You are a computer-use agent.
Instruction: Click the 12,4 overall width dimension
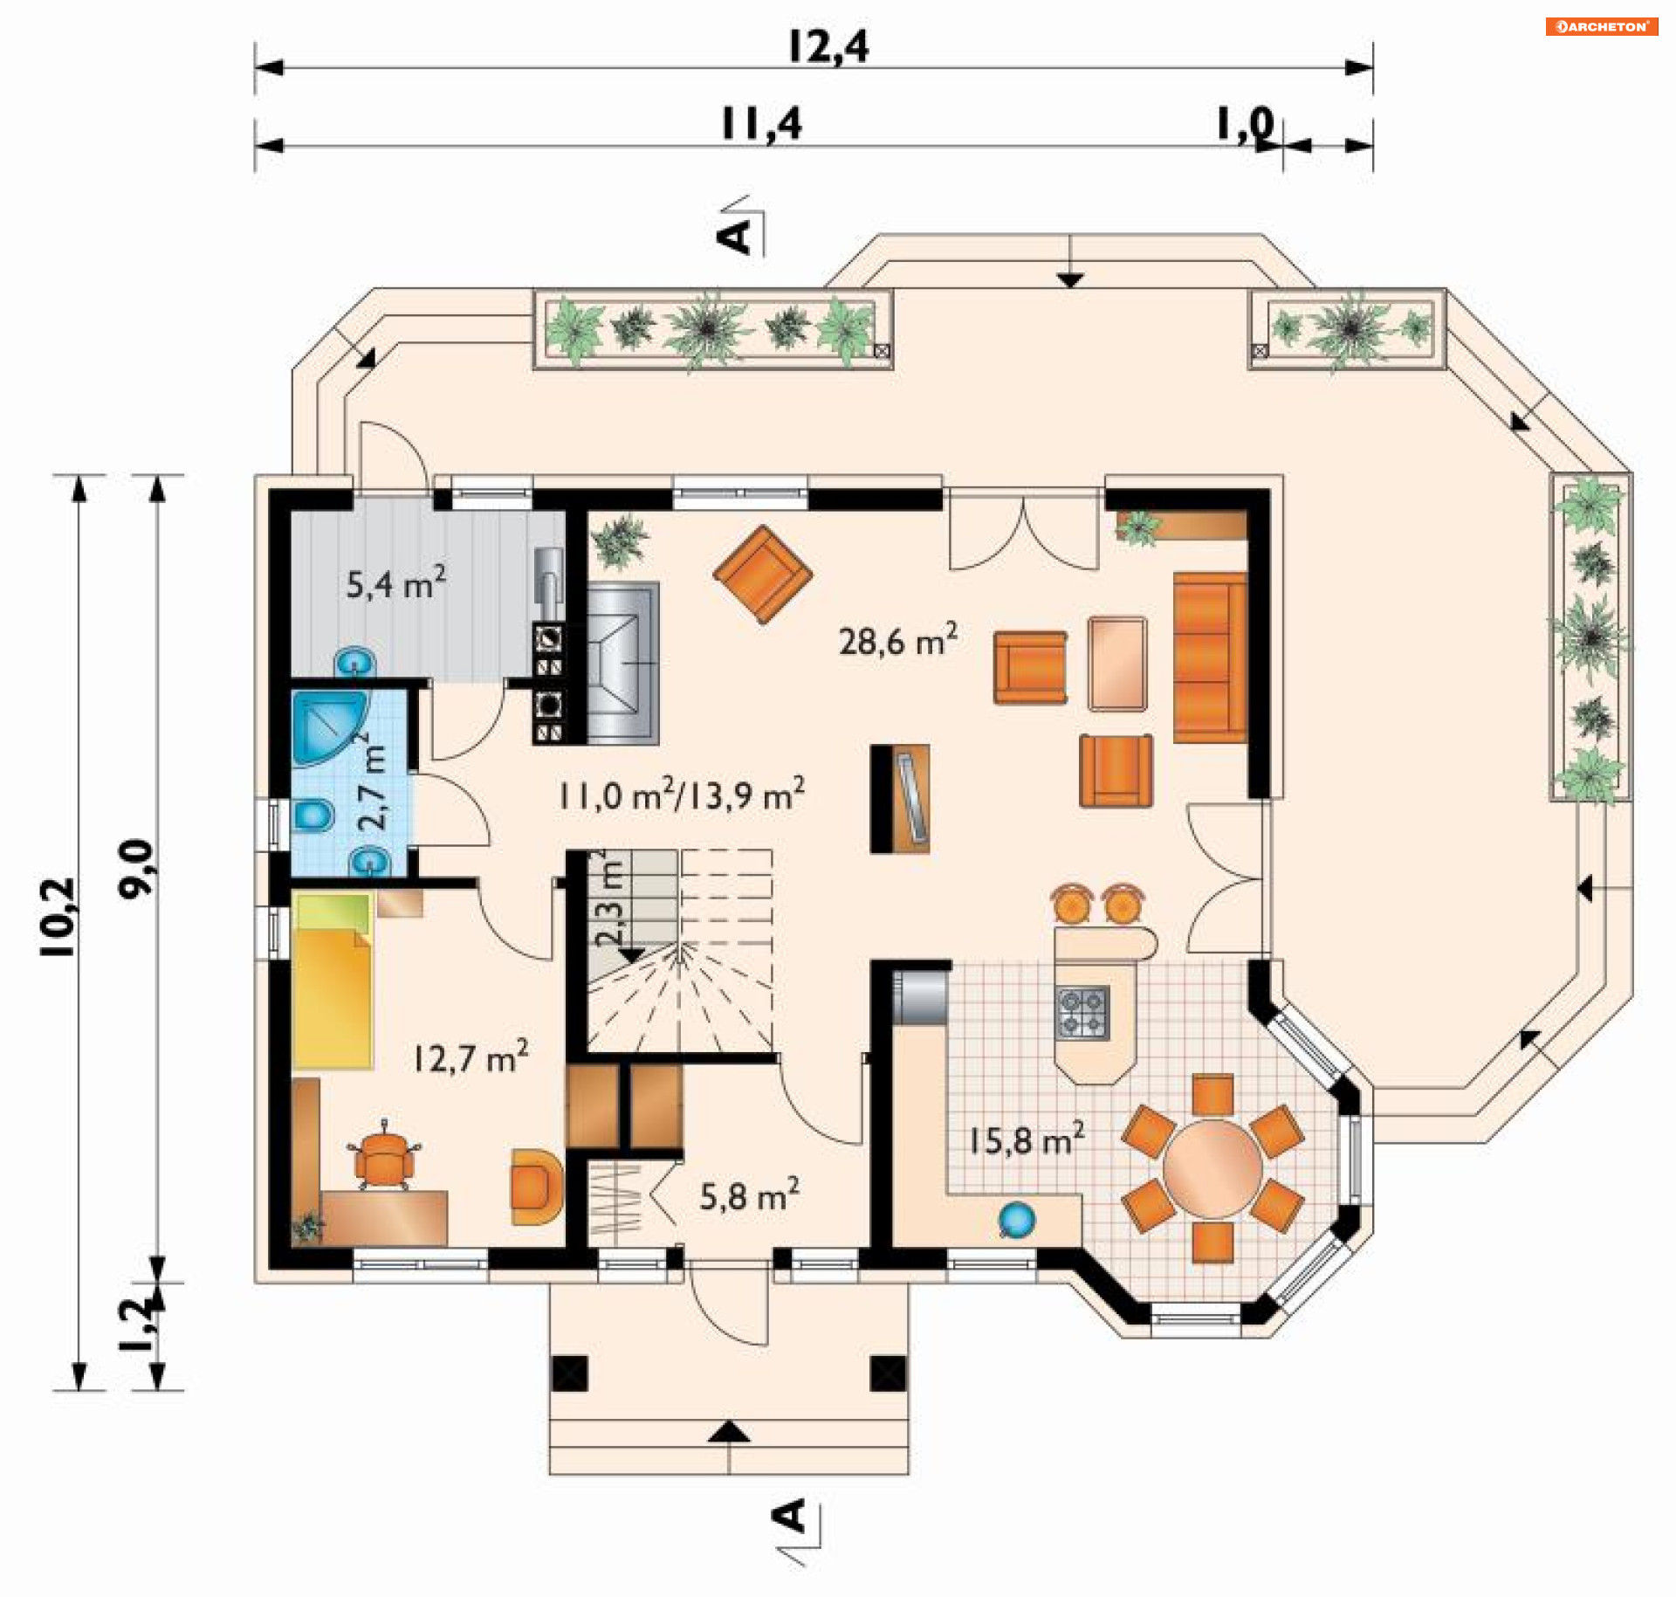click(828, 47)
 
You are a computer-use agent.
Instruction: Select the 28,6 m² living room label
click(898, 639)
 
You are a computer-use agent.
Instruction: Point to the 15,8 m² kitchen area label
click(1027, 1139)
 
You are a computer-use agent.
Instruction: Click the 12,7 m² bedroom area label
click(471, 1057)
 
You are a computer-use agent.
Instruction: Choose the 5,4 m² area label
click(396, 582)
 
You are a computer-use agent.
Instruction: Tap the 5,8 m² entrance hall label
click(750, 1194)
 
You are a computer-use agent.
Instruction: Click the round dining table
click(1212, 1168)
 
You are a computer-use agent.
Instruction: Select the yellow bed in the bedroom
click(333, 981)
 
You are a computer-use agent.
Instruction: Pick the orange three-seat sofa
click(1210, 657)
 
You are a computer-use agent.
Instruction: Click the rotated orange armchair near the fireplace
click(763, 574)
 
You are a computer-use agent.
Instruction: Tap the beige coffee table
click(1117, 664)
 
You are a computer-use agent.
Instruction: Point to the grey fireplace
click(623, 664)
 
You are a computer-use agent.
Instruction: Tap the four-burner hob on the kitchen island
click(1083, 1013)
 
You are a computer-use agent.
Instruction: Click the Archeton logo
click(1602, 26)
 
